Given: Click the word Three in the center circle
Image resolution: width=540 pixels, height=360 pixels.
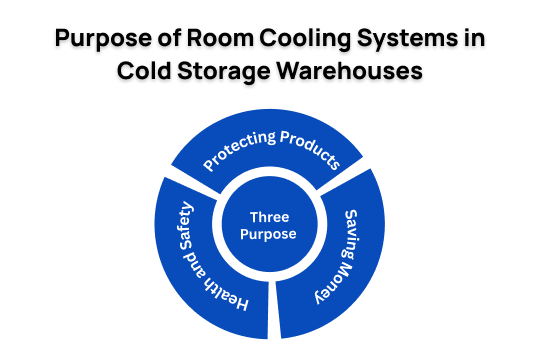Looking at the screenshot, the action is pos(270,216).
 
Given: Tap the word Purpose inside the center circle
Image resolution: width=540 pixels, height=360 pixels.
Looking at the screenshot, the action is pos(270,235).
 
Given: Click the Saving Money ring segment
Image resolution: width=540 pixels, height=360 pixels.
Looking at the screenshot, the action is pos(340,265).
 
